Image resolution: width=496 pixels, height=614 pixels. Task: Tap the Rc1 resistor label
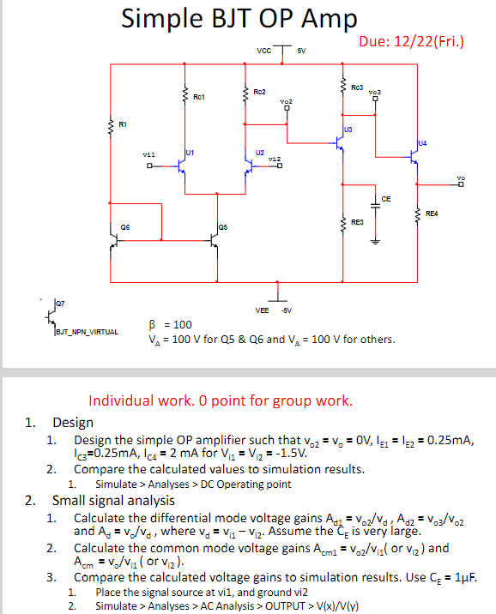tap(199, 96)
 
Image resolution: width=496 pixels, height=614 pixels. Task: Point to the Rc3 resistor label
tap(358, 87)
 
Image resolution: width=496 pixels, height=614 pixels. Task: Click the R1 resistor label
tap(123, 125)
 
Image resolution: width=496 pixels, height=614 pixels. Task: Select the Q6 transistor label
tap(125, 227)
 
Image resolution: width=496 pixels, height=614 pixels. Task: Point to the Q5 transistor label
tap(222, 227)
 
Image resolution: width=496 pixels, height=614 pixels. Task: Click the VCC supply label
tap(263, 51)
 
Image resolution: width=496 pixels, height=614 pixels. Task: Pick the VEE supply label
tap(263, 309)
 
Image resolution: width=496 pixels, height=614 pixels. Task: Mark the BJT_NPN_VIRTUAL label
tap(87, 331)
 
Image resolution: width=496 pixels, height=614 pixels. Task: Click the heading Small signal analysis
tap(113, 501)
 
